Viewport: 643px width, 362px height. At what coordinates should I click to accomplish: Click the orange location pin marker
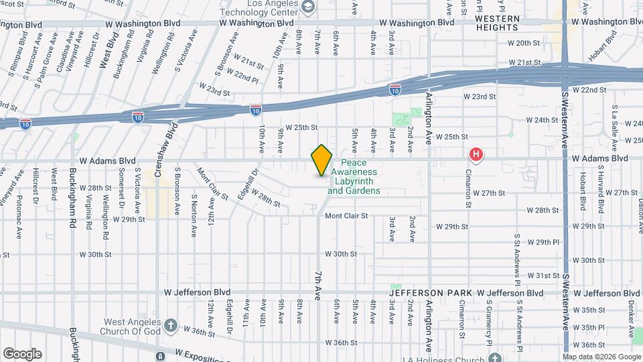321,160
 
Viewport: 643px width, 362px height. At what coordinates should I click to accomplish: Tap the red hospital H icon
476,156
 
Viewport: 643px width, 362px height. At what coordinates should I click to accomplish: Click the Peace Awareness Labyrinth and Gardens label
354,177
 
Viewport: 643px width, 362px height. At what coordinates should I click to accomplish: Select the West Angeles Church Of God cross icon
171,326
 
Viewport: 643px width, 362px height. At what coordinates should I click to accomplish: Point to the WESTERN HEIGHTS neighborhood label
496,23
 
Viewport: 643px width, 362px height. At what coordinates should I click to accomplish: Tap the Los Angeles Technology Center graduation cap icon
308,7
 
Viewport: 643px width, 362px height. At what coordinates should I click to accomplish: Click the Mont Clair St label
346,216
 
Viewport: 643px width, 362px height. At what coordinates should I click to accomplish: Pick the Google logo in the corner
22,353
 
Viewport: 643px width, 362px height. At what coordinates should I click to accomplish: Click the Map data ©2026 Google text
601,357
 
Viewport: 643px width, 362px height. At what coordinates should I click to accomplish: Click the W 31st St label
543,276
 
